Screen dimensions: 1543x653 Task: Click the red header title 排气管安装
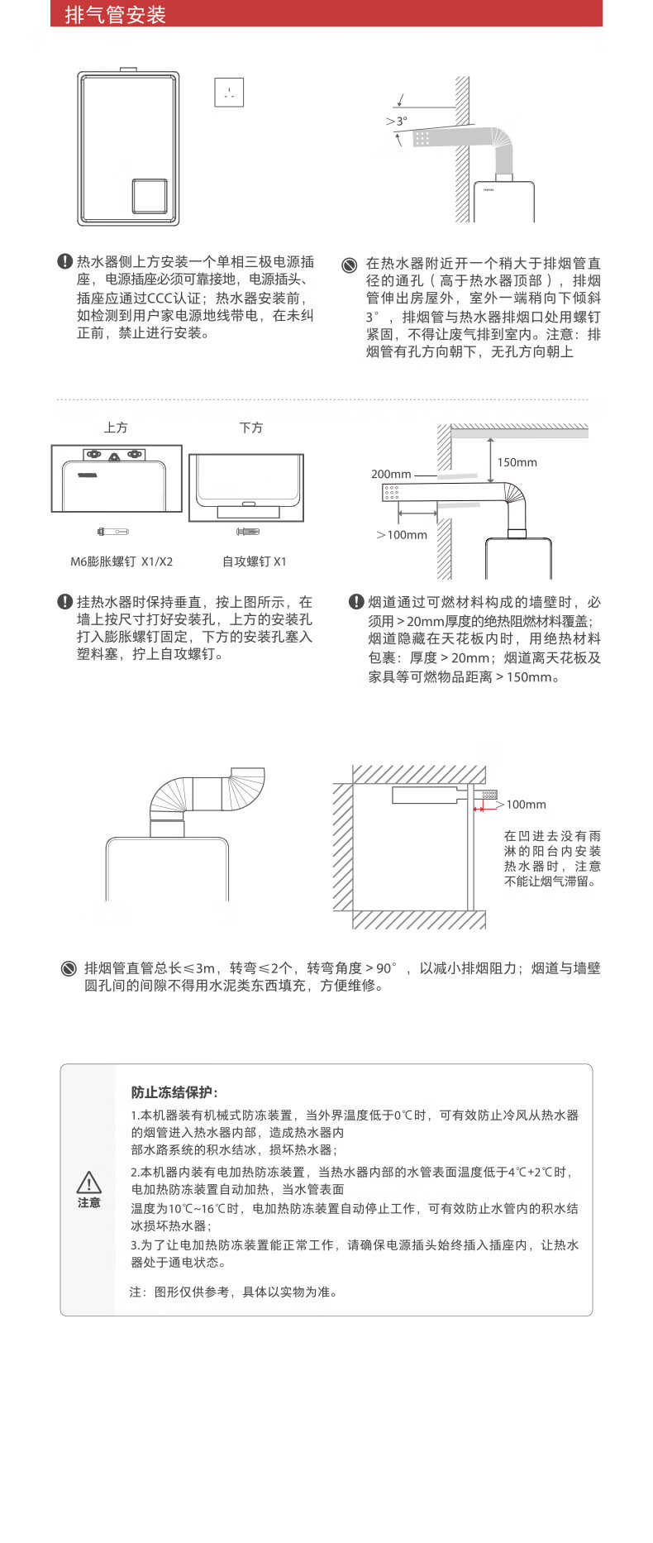click(116, 15)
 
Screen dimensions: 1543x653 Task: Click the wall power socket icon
click(229, 92)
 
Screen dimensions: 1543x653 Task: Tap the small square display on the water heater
click(150, 196)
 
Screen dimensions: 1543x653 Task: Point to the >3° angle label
click(397, 121)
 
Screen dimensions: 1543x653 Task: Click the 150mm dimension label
click(517, 462)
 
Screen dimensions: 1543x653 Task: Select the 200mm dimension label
click(391, 474)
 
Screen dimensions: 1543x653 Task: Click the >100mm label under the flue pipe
click(402, 534)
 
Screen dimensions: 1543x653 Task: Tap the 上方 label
click(116, 428)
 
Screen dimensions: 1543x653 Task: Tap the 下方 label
click(251, 428)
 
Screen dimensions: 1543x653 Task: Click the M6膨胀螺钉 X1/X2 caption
click(122, 561)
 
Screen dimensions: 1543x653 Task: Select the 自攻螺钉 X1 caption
click(254, 561)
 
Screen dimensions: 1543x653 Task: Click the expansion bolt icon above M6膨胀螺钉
click(112, 531)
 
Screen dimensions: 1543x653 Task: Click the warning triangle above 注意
click(89, 1182)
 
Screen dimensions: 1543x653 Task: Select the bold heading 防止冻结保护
click(174, 1092)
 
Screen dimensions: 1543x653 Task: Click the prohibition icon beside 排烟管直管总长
click(69, 968)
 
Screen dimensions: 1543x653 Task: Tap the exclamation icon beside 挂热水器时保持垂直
click(64, 601)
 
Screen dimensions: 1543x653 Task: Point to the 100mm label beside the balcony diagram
click(526, 804)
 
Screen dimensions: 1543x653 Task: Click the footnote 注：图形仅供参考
click(234, 1292)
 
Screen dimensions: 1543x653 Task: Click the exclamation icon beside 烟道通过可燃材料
click(356, 601)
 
